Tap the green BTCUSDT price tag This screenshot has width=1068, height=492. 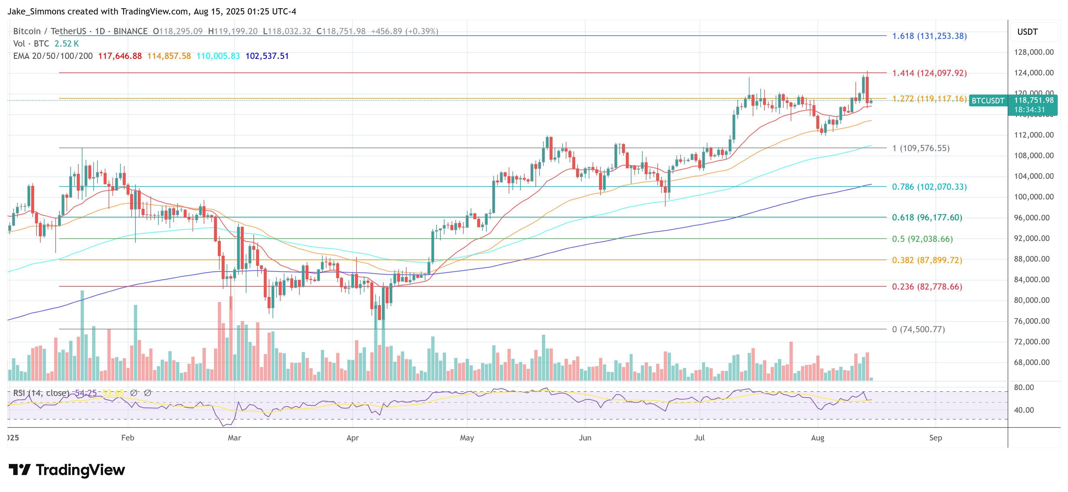988,101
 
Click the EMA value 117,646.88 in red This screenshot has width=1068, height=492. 120,56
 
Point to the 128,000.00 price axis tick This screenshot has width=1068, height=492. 1033,52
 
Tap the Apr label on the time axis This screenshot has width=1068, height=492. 352,438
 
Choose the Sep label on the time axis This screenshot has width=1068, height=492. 935,438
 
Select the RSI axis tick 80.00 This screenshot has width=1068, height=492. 1024,387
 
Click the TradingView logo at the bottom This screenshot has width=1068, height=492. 67,470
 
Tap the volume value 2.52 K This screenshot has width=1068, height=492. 66,44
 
